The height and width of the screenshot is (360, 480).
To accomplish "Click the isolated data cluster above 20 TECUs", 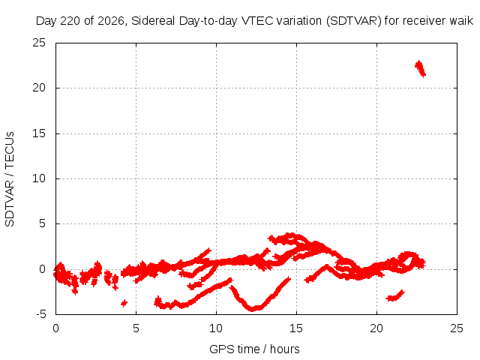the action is pos(420,69).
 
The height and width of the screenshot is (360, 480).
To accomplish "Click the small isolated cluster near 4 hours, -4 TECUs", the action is pos(124,303).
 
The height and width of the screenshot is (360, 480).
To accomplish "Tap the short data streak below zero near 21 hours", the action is pos(395,295).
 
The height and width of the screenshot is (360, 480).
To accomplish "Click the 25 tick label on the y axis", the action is pos(39,43).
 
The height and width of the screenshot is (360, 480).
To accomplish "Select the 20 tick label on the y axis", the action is pos(39,88).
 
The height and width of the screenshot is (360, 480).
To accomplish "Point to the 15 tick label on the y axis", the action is pos(39,133).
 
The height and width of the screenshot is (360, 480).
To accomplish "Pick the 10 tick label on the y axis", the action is pos(39,178).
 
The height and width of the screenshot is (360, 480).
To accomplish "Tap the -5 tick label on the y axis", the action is pos(40,314).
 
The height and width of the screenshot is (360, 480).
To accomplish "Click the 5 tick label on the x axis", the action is pos(136,328).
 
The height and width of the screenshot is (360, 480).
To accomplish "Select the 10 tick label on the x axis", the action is pos(216,328).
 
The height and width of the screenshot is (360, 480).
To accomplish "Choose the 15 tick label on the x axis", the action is pos(296,328).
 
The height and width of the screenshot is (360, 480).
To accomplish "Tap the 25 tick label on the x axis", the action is pos(457,328).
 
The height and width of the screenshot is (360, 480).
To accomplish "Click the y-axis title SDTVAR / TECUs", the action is pos(10,179).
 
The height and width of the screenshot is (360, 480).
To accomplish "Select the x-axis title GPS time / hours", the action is pos(254,349).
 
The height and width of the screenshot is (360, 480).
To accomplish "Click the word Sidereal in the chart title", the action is pos(153,21).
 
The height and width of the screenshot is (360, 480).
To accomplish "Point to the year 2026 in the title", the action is pos(111,21).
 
